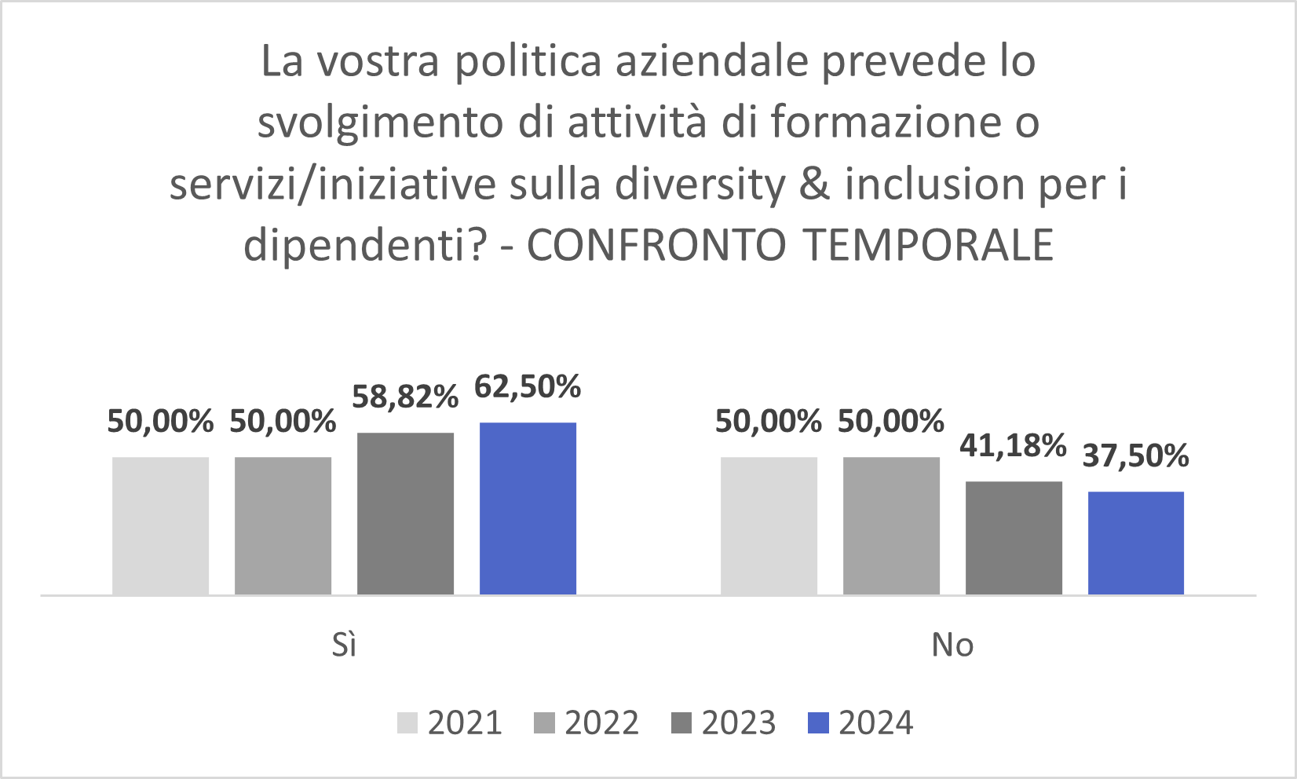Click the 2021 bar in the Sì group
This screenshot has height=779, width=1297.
(160, 525)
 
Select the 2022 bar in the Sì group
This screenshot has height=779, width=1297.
(283, 525)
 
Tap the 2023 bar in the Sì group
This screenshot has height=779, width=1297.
(405, 514)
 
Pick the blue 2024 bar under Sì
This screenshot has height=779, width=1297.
(528, 508)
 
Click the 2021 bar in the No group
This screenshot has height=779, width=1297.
(769, 525)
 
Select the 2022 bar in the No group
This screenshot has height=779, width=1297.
(891, 525)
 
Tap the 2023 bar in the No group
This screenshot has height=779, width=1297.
(1014, 538)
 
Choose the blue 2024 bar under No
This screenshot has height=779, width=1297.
(1136, 543)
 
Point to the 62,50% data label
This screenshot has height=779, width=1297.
(528, 387)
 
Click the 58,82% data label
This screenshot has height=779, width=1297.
(405, 397)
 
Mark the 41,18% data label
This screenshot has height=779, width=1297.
(1013, 446)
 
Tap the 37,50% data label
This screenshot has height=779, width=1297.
(1136, 456)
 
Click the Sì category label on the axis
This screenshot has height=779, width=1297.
(344, 645)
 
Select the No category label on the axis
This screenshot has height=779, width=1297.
(952, 645)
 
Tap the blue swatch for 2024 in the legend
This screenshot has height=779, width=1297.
(818, 723)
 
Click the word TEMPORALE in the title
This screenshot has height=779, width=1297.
(929, 245)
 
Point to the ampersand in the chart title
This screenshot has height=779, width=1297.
(816, 185)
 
